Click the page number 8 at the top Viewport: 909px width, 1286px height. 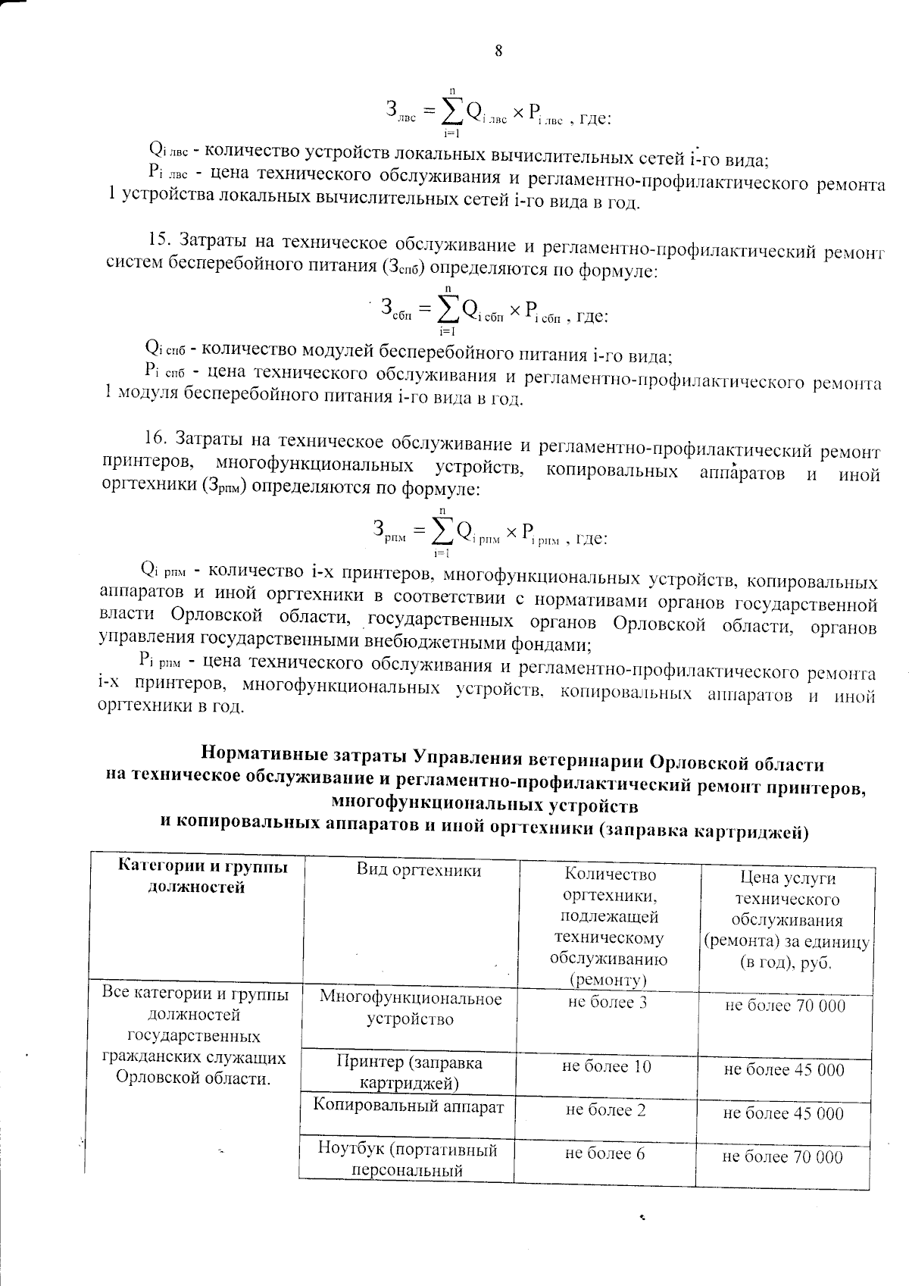(x=498, y=51)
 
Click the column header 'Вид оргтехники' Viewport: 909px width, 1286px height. (x=418, y=870)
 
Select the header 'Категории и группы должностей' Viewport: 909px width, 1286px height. (x=203, y=877)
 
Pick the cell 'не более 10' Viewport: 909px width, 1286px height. (x=606, y=1066)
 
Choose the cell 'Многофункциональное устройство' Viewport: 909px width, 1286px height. (x=410, y=1008)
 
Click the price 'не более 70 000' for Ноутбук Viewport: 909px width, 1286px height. (x=782, y=1156)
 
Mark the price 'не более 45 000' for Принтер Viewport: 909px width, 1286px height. (x=783, y=1069)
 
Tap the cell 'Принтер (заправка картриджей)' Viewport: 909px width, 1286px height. (x=409, y=1072)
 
